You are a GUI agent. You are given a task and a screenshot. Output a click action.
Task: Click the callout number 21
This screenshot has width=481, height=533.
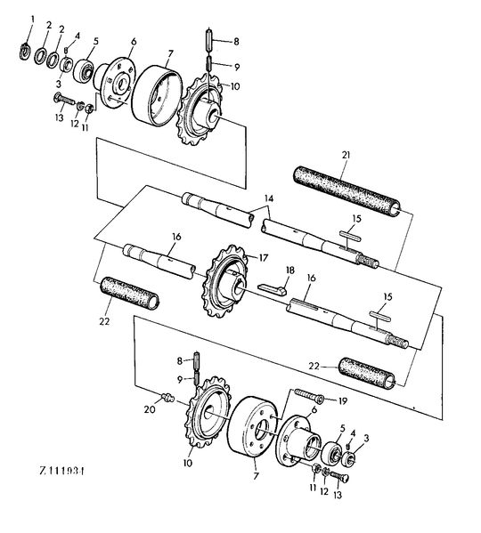346,156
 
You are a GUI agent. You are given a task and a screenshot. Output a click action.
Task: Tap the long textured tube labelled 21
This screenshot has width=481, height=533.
347,191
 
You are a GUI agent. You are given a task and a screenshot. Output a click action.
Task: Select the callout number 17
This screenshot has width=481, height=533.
264,258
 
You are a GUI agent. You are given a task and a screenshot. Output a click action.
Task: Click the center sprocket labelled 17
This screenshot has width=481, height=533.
227,281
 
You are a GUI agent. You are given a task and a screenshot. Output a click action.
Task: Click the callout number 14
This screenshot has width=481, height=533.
269,198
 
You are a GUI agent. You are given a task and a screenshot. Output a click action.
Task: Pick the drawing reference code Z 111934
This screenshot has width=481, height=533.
61,471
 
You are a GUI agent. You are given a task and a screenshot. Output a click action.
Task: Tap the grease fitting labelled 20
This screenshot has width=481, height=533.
168,397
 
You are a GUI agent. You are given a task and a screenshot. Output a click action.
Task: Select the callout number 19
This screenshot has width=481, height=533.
343,401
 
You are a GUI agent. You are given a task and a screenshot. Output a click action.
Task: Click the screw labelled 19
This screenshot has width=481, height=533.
309,395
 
